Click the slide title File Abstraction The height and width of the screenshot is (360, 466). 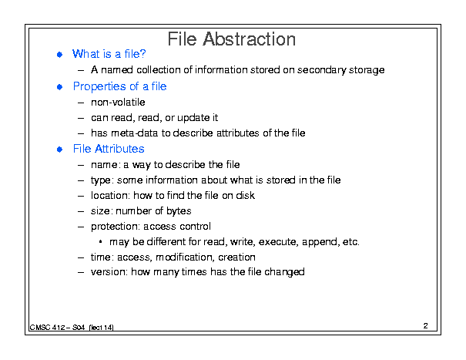(232, 39)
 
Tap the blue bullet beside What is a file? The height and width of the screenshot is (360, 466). (60, 55)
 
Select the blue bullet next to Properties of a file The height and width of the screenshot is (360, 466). (60, 87)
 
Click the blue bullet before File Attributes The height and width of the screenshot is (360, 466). (60, 150)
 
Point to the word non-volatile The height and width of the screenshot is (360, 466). (118, 102)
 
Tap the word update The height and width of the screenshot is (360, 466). (193, 118)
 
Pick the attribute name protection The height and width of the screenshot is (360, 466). (115, 227)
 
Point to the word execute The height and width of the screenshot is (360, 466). (277, 242)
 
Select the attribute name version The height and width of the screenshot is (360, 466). (108, 272)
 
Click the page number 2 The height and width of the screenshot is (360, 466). (426, 326)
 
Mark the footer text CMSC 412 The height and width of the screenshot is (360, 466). (47, 328)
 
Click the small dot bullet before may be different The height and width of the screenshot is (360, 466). (100, 242)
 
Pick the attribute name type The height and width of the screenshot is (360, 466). (101, 180)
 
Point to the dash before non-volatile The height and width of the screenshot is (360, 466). (81, 103)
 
